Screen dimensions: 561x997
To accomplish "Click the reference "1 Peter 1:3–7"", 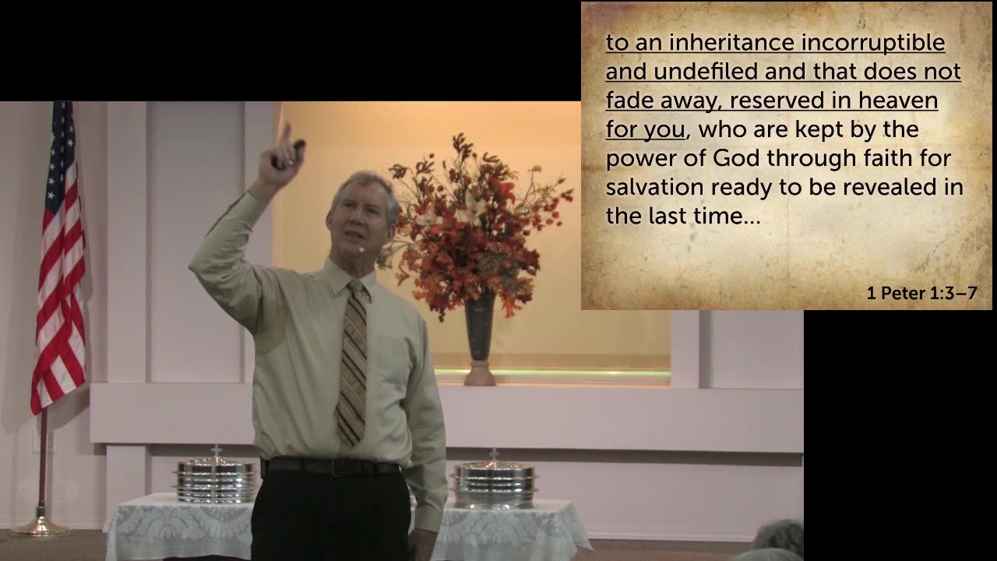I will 921,294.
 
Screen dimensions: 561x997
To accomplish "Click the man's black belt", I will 331,467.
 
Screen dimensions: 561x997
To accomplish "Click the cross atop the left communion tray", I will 216,452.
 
